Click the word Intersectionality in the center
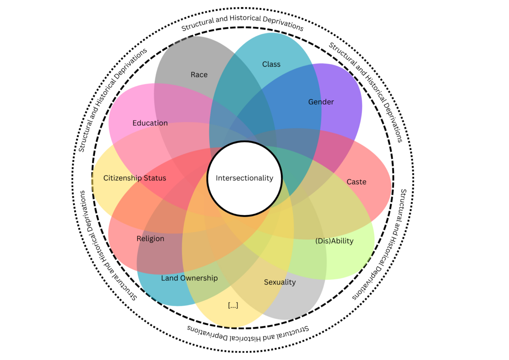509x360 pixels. pyautogui.click(x=244, y=178)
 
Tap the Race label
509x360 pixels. pyautogui.click(x=199, y=75)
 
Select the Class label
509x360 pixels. pyautogui.click(x=271, y=64)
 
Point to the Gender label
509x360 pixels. pyautogui.click(x=321, y=102)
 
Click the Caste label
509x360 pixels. pyautogui.click(x=356, y=182)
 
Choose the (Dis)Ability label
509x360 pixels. pyautogui.click(x=334, y=241)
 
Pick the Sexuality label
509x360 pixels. pyautogui.click(x=280, y=282)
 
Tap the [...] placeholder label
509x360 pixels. pyautogui.click(x=233, y=306)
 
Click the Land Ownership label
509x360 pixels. pyautogui.click(x=189, y=278)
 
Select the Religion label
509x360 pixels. pyautogui.click(x=150, y=239)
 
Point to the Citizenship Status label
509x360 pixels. pyautogui.click(x=134, y=178)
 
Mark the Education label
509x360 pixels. pyautogui.click(x=150, y=123)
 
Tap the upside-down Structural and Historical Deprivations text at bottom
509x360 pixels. pyautogui.click(x=248, y=334)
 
